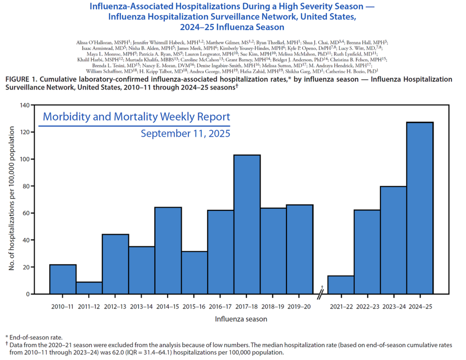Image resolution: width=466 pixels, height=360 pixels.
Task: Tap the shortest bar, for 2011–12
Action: pyautogui.click(x=89, y=288)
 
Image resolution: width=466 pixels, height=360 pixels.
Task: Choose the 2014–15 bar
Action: pyautogui.click(x=168, y=250)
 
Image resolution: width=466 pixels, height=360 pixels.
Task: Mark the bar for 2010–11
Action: pyautogui.click(x=62, y=279)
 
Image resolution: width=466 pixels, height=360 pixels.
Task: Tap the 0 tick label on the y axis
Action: pyautogui.click(x=28, y=294)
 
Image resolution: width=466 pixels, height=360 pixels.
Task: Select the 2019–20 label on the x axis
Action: pyautogui.click(x=299, y=307)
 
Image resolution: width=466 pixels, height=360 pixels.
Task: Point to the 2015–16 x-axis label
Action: pyautogui.click(x=194, y=307)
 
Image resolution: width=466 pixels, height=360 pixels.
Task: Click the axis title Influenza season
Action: pyautogui.click(x=241, y=319)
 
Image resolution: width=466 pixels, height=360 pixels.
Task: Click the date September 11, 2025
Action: pyautogui.click(x=185, y=134)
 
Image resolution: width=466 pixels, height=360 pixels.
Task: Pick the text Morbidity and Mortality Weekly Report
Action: pyautogui.click(x=136, y=117)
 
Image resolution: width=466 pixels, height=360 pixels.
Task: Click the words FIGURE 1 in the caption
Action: pyautogui.click(x=20, y=79)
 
